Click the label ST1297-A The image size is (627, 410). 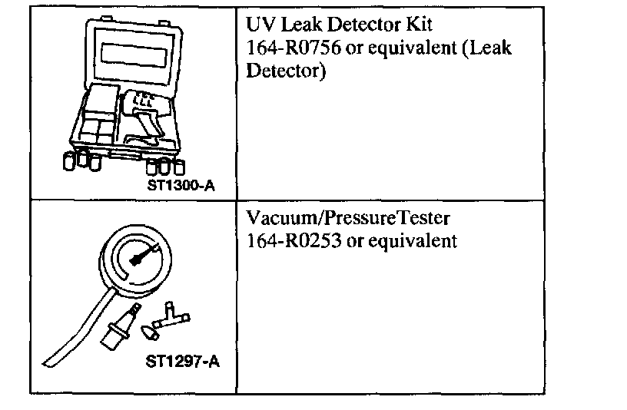coord(182,360)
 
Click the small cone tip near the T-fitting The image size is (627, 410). coord(151,331)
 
